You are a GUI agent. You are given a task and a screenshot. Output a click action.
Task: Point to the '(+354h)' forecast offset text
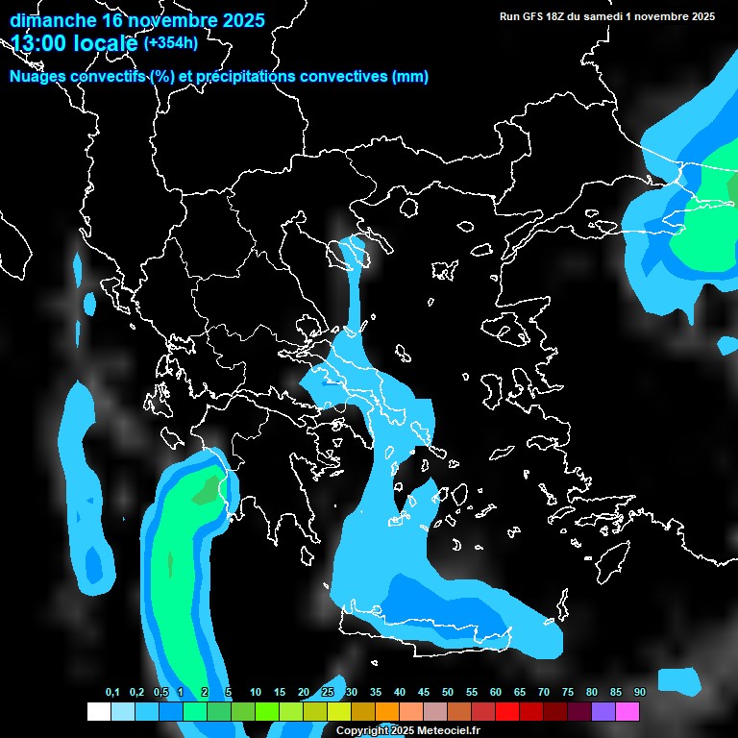pos(170,42)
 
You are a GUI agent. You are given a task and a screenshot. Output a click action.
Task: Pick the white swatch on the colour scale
pos(98,711)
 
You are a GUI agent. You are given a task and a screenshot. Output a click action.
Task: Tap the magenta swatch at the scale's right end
pos(627,711)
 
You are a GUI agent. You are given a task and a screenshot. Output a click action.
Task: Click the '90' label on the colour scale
pos(639,693)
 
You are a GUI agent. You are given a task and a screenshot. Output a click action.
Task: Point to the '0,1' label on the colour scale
pos(112,693)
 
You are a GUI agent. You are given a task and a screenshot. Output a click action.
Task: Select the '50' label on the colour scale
pos(448,693)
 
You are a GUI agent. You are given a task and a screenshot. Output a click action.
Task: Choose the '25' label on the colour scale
pos(328,693)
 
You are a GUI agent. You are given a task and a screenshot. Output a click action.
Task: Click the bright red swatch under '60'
pos(506,711)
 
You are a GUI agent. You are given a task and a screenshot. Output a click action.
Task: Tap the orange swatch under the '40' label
pos(386,711)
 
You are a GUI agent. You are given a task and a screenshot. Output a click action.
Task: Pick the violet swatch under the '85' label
pos(603,711)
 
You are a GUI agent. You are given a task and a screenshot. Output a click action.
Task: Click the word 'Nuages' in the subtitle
pos(37,77)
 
